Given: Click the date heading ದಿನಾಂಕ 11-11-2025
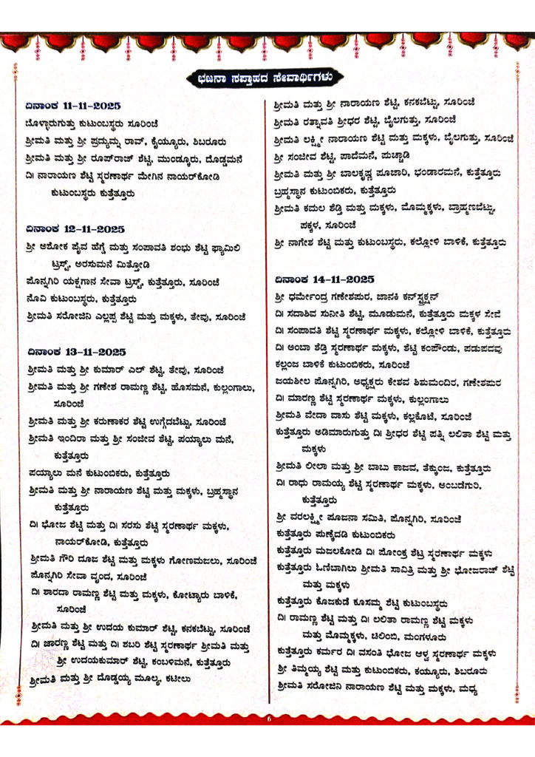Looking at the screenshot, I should click(x=71, y=105).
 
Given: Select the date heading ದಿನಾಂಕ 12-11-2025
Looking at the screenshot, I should click(x=71, y=229).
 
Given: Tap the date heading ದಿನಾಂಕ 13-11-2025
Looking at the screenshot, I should click(x=71, y=352).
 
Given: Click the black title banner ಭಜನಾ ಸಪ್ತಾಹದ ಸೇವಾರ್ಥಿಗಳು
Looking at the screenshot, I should click(x=267, y=77).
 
